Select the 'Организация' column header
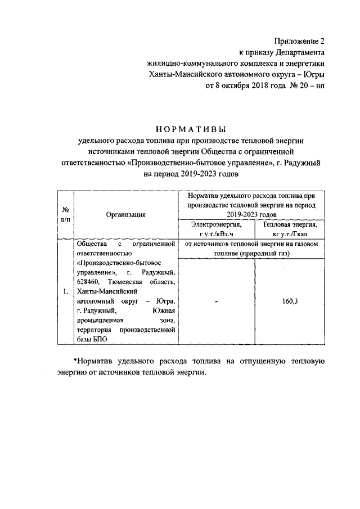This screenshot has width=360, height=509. tap(125, 214)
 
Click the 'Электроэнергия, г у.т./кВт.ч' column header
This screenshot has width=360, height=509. tap(216, 228)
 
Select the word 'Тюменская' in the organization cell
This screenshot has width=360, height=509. tap(128, 282)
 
